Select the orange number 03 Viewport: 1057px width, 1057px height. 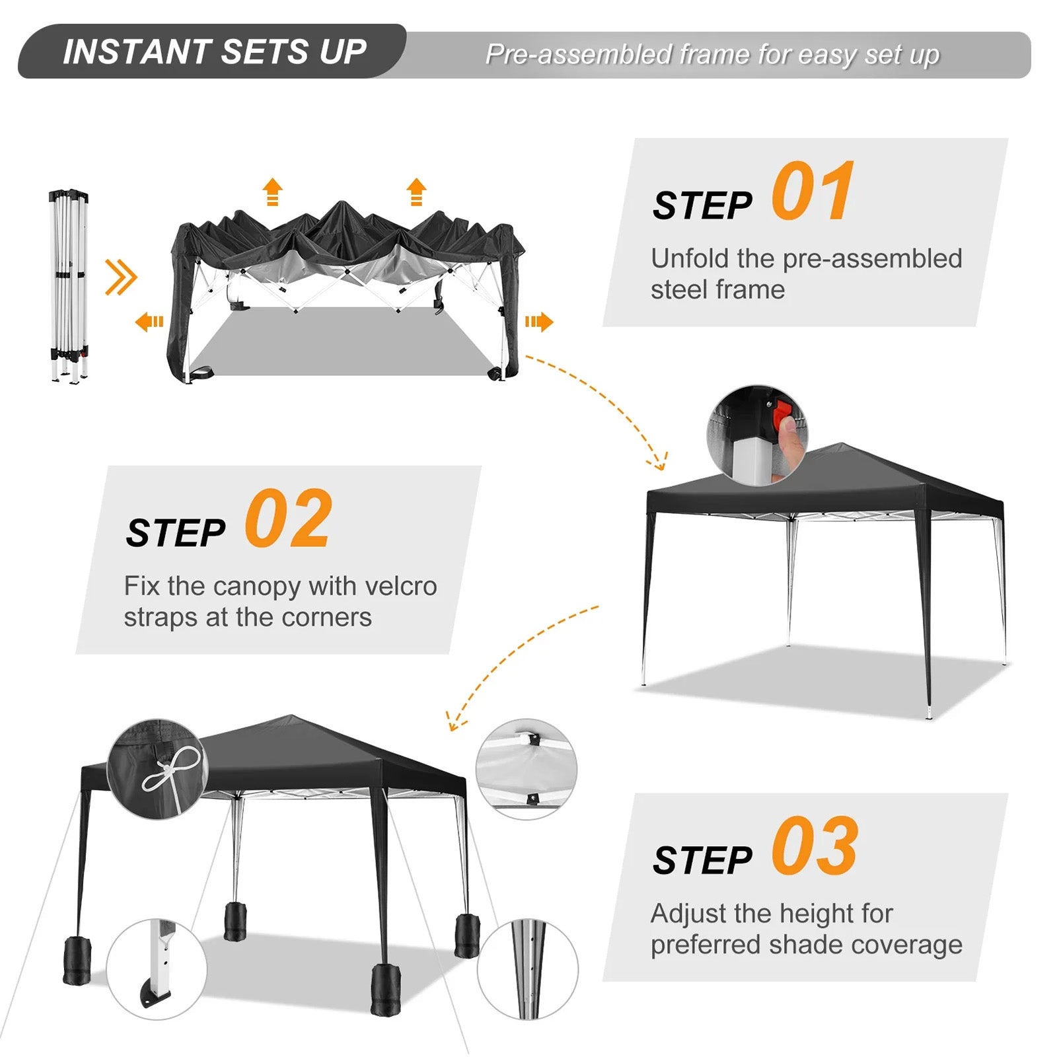pos(815,845)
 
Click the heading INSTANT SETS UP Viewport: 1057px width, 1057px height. pos(215,52)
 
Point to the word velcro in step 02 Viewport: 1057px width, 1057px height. pos(400,585)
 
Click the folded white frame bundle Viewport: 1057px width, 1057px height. pos(69,286)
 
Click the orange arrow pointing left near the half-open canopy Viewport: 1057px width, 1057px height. pos(149,322)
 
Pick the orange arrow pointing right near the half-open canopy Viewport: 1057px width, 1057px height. pos(539,322)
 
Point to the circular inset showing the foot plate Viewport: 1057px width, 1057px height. pos(157,969)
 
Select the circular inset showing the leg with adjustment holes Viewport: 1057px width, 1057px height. pos(528,969)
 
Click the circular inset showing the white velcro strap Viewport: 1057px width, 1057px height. pos(527,770)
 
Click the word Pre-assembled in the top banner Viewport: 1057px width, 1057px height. pos(579,54)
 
